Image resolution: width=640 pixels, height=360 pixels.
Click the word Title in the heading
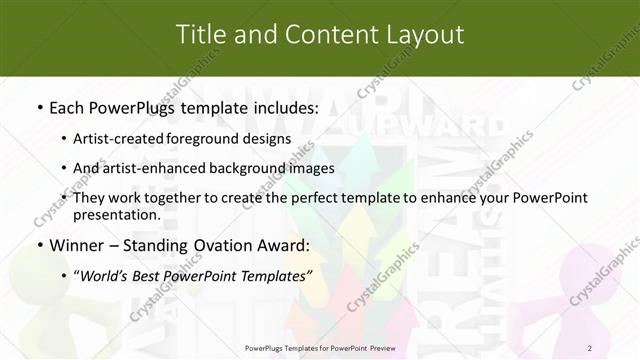[x=200, y=35]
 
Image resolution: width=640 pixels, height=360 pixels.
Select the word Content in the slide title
[x=320, y=35]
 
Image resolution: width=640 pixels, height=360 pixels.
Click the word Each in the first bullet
[x=68, y=106]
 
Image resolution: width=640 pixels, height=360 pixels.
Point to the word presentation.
[x=116, y=214]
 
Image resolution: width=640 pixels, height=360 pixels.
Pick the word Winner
[x=78, y=245]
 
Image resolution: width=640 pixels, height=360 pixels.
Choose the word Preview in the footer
[x=378, y=348]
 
